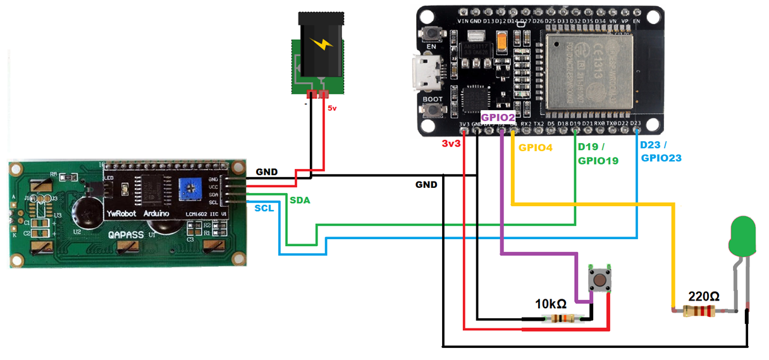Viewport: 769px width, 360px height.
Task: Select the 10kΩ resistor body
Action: [561, 319]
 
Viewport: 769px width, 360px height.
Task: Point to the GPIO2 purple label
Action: [498, 117]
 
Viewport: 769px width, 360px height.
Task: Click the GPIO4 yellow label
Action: [535, 148]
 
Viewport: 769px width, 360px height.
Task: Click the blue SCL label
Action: [265, 208]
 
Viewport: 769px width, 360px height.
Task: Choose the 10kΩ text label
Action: [551, 303]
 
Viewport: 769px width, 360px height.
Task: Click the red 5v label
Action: [333, 108]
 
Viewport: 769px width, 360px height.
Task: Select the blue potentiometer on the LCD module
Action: [188, 188]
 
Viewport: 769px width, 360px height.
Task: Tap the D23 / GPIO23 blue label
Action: [661, 151]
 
